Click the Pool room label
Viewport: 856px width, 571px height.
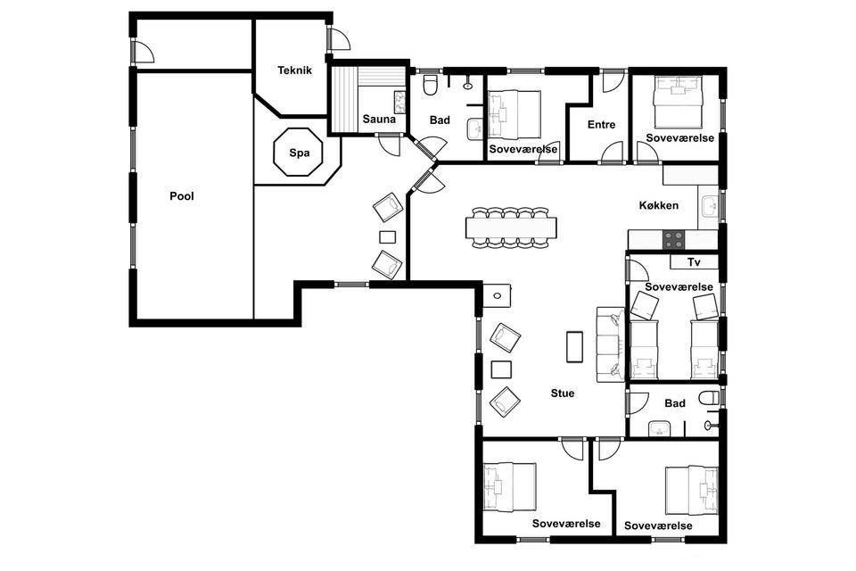pyautogui.click(x=182, y=196)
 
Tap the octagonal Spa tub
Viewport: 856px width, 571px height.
pyautogui.click(x=299, y=153)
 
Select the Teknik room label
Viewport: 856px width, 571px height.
pyautogui.click(x=294, y=70)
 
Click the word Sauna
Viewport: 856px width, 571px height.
pyautogui.click(x=379, y=119)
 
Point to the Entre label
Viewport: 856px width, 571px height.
pyautogui.click(x=601, y=125)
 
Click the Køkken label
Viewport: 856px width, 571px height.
pyautogui.click(x=658, y=205)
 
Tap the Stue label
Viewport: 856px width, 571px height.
pyautogui.click(x=563, y=393)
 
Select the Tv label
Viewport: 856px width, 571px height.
pyautogui.click(x=694, y=262)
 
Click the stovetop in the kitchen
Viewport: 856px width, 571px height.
pyautogui.click(x=673, y=239)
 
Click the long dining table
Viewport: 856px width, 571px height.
pyautogui.click(x=511, y=228)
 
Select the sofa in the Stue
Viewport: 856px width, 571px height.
pyautogui.click(x=610, y=344)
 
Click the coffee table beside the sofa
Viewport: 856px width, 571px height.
pyautogui.click(x=574, y=347)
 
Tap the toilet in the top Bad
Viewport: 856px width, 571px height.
pyautogui.click(x=430, y=84)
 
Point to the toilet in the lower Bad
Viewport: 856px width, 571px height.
pyautogui.click(x=710, y=398)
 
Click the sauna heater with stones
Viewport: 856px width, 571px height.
pyautogui.click(x=399, y=103)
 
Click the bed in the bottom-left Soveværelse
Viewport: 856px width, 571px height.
pyautogui.click(x=510, y=487)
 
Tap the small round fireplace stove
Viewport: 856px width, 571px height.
pyautogui.click(x=498, y=295)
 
